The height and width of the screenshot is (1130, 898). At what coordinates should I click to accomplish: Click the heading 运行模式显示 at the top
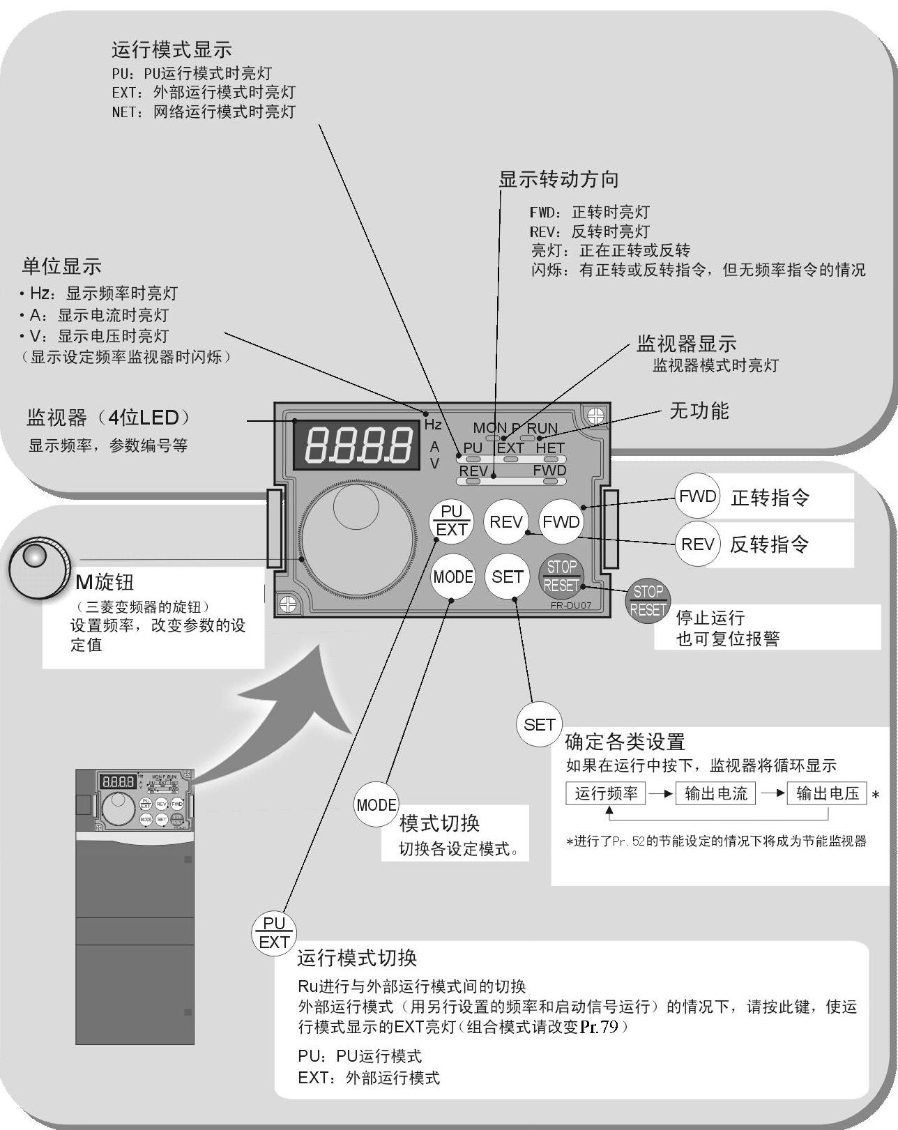click(x=172, y=49)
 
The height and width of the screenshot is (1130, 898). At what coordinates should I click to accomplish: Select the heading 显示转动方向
click(x=558, y=180)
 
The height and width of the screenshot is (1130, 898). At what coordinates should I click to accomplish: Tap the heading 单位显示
click(x=62, y=266)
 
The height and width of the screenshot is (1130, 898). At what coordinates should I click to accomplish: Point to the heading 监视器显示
click(x=686, y=344)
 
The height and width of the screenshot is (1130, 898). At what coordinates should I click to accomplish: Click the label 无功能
click(x=699, y=411)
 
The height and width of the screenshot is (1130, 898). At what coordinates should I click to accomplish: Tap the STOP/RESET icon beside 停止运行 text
click(x=648, y=601)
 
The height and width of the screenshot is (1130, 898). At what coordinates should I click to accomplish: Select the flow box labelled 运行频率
click(x=606, y=793)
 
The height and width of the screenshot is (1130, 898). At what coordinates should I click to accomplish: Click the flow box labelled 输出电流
click(x=715, y=793)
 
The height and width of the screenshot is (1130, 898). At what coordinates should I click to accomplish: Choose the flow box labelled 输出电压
click(x=827, y=793)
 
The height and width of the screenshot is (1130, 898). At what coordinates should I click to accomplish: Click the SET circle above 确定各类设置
click(x=539, y=725)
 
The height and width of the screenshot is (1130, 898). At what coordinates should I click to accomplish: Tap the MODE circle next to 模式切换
click(x=376, y=805)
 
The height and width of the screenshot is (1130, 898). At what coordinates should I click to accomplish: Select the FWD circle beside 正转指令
click(x=697, y=496)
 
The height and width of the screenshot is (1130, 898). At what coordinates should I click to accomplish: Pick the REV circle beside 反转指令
click(x=697, y=544)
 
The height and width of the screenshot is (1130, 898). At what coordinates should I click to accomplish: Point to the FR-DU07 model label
click(x=570, y=605)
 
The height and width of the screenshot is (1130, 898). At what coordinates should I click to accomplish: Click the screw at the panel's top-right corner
click(x=595, y=416)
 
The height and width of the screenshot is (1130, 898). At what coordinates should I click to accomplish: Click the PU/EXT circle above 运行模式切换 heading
click(x=274, y=933)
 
